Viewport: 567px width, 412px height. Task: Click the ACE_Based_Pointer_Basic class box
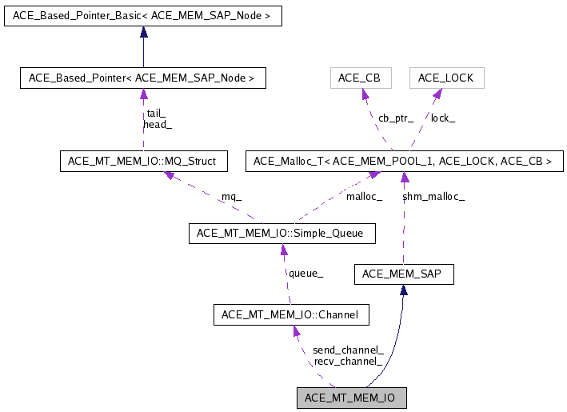coord(143,16)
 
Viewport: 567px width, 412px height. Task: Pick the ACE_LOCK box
coord(446,78)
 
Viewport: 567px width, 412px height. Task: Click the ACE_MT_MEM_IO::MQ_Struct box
coord(142,162)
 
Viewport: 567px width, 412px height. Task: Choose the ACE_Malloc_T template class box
coord(403,162)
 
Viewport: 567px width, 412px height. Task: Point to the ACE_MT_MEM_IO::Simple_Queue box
coord(281,234)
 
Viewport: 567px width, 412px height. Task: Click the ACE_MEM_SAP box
coord(403,274)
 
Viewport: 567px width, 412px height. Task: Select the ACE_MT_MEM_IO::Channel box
coord(291,315)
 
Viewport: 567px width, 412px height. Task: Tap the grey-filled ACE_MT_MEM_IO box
coord(351,398)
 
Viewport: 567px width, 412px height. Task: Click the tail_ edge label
coord(157,114)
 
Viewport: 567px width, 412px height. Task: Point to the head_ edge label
coord(158,125)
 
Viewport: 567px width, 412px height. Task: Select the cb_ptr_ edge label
coord(395,118)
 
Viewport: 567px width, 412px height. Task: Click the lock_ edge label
coord(443,118)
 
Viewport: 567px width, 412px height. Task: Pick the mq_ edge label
coord(231,196)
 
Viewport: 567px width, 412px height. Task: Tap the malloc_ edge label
coord(364,196)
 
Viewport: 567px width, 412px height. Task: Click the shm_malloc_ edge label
coord(433,196)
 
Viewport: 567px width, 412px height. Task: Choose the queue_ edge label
coord(305,274)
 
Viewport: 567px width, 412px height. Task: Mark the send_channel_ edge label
coord(348,350)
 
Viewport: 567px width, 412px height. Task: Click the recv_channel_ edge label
coord(348,362)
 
